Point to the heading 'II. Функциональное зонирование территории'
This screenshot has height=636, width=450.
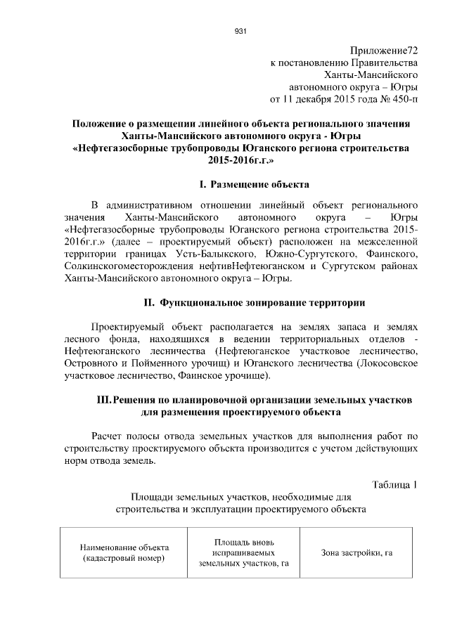[x=254, y=303]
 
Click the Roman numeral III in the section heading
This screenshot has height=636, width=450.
[x=103, y=400]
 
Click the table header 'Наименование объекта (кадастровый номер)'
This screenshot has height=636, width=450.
[x=122, y=553]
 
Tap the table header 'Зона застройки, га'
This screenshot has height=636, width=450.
[x=356, y=553]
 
